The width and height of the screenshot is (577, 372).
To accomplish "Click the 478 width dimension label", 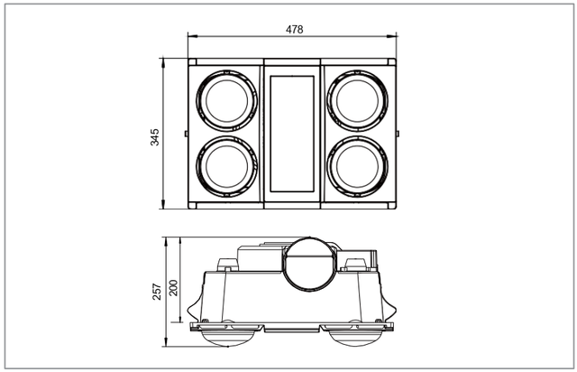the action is click(x=295, y=30).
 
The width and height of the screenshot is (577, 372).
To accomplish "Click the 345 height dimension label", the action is click(x=155, y=137).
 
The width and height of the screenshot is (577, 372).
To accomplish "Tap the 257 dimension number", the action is click(x=157, y=292).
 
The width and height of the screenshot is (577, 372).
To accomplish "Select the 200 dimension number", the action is click(x=173, y=287).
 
